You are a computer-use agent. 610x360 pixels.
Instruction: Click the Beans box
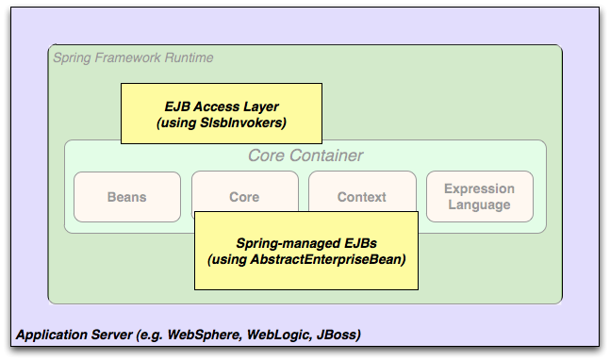click(x=126, y=196)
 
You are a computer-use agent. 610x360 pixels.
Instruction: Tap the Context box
click(x=362, y=196)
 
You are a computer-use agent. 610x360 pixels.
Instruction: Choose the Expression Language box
click(x=479, y=196)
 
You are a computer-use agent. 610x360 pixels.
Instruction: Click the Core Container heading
click(x=305, y=155)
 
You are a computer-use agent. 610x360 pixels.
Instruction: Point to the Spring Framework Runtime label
click(x=133, y=57)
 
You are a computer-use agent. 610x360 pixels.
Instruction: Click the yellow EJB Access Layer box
click(x=221, y=113)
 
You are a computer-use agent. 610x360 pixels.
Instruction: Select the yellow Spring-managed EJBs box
click(x=305, y=250)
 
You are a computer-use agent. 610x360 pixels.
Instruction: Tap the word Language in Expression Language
click(x=479, y=205)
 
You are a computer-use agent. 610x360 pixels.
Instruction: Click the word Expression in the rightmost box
click(x=479, y=188)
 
